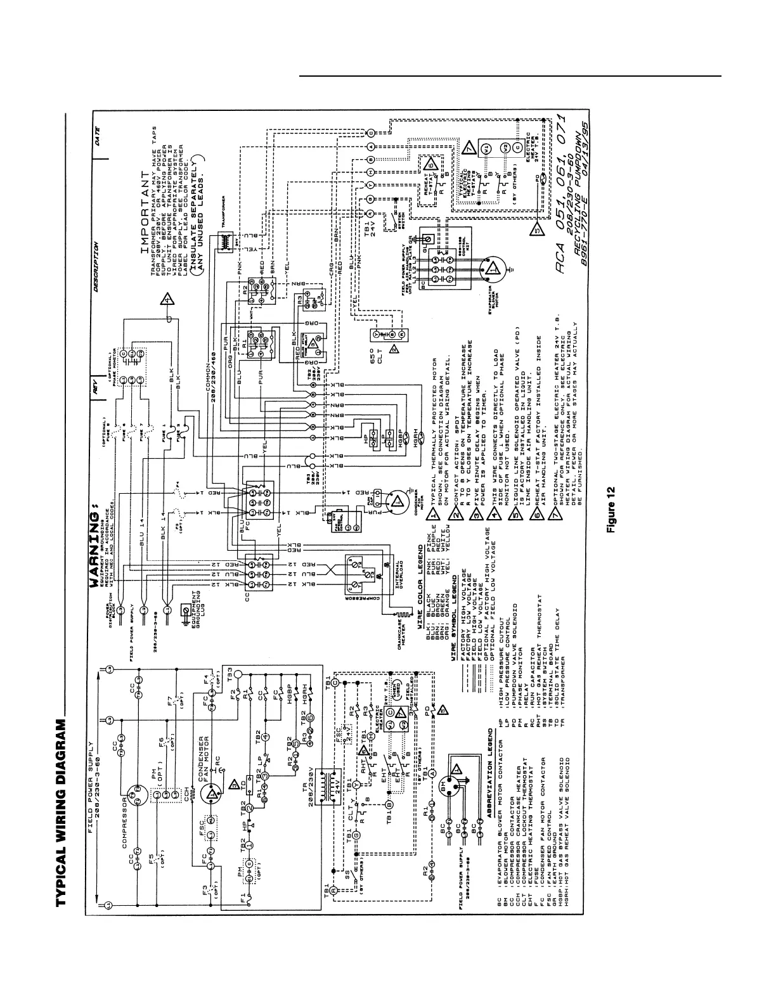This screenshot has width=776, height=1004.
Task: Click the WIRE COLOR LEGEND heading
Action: (419, 593)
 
